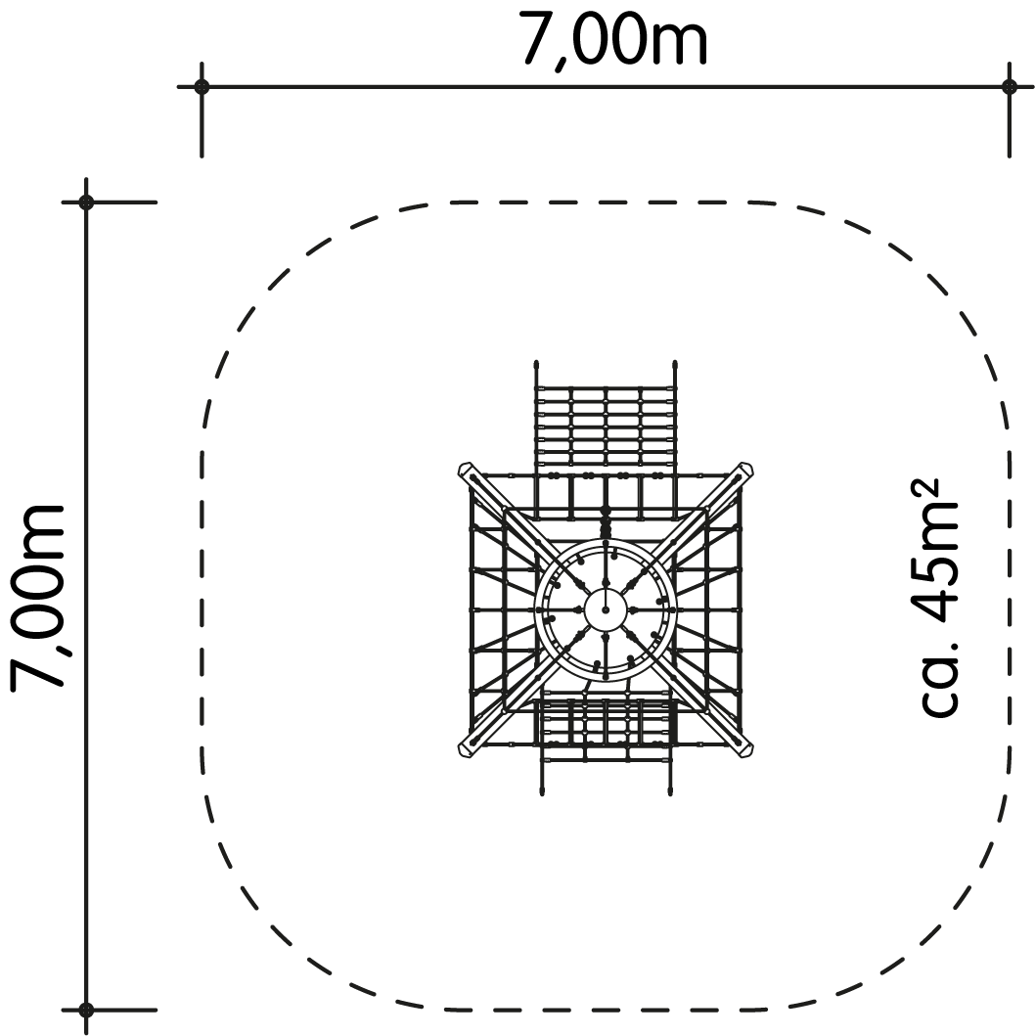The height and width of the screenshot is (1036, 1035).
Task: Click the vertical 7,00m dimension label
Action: (38, 598)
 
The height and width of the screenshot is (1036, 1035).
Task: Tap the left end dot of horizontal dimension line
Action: (202, 86)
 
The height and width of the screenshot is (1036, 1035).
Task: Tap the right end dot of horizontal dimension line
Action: (1009, 86)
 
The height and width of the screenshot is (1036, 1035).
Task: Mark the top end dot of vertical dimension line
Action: (86, 202)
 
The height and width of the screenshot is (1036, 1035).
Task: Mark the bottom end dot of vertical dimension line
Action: (86, 1010)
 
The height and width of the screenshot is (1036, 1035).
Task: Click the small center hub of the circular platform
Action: (605, 609)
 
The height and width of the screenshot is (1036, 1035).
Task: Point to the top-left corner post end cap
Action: (466, 471)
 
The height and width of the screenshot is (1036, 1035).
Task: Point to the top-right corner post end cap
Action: (745, 471)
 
